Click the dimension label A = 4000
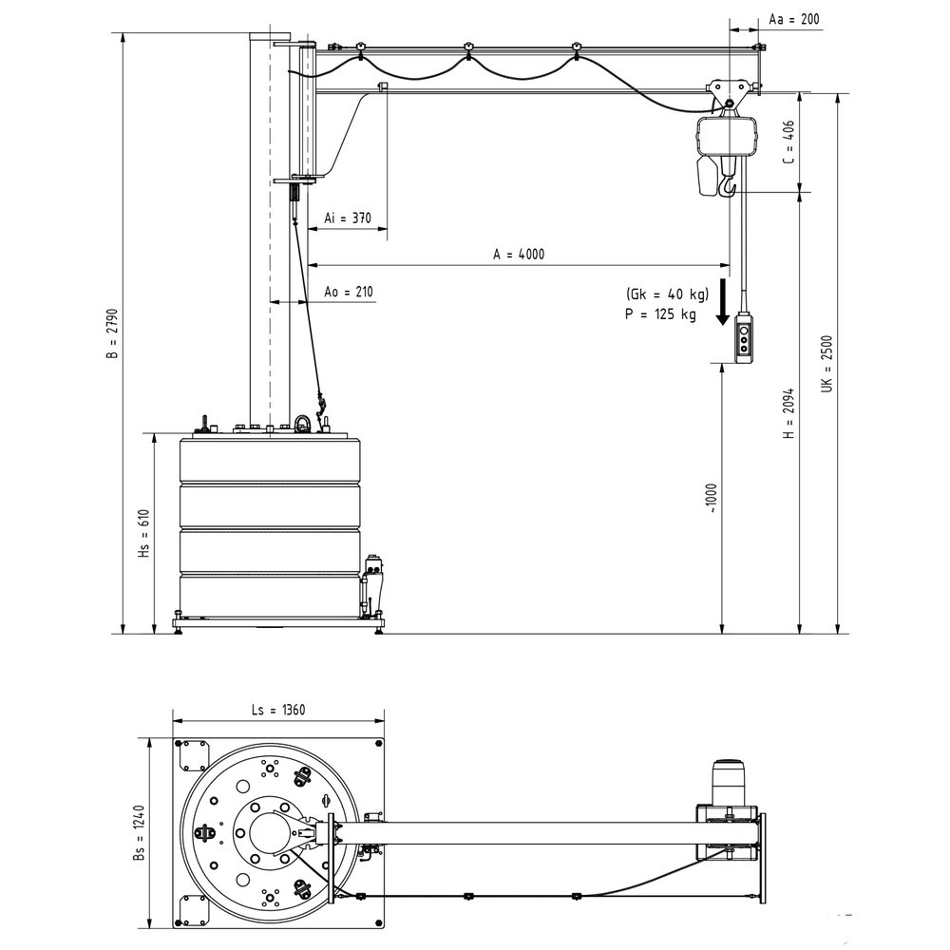pos(519,254)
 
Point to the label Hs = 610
pos(143,533)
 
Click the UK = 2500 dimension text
pos(826,364)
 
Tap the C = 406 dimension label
pos(788,142)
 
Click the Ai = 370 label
pos(347,218)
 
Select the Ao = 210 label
pos(348,291)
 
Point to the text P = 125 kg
pos(660,314)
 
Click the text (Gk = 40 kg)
pos(667,293)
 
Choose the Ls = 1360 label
pos(278,709)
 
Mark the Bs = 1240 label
pos(139,833)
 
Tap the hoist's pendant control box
pos(745,339)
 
